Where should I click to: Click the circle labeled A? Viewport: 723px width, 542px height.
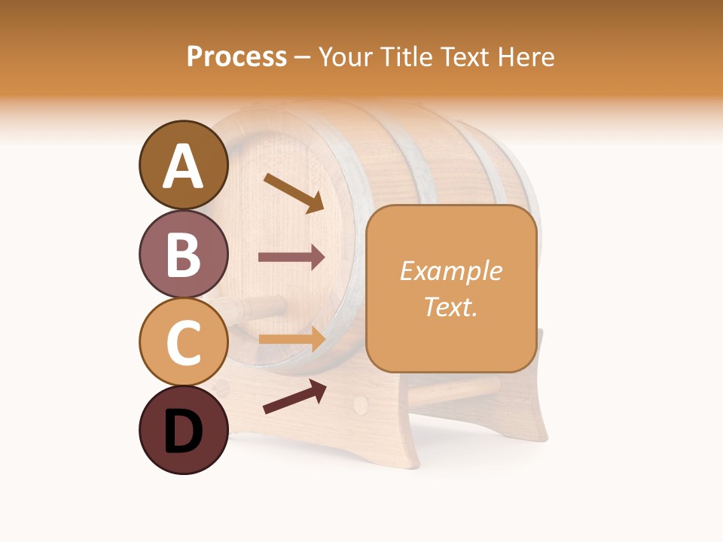click(184, 165)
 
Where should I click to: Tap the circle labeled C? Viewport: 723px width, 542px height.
click(184, 341)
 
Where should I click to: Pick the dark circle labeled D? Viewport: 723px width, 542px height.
click(184, 430)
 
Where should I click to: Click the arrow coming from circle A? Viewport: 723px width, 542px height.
click(293, 193)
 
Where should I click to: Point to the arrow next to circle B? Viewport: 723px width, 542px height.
click(291, 257)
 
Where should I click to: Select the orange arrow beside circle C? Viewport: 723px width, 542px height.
click(291, 340)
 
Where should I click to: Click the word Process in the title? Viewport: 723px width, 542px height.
click(236, 56)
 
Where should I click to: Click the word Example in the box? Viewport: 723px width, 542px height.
click(450, 271)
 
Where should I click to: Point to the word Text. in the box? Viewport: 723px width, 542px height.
click(450, 306)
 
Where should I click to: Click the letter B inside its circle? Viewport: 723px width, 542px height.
click(184, 254)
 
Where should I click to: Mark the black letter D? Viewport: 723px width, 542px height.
click(184, 431)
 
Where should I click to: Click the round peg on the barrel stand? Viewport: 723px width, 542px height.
click(361, 404)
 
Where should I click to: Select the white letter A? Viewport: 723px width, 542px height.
click(184, 166)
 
